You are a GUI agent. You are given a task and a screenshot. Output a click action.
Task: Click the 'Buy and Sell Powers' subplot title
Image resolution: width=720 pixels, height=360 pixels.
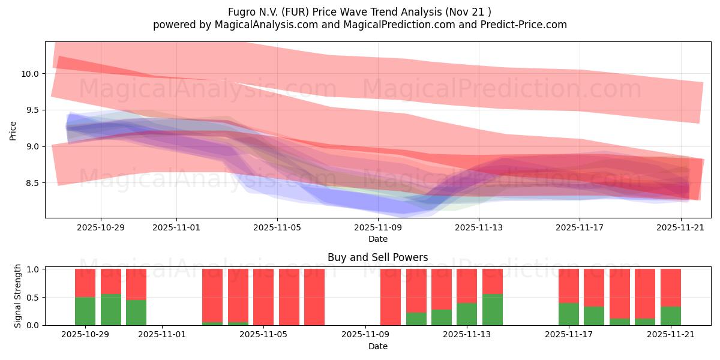tap(378, 257)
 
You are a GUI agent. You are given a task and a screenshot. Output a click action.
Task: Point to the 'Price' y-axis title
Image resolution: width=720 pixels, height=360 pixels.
tap(13, 130)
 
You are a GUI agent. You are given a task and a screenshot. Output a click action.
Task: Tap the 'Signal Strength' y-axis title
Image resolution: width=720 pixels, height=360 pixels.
tap(18, 296)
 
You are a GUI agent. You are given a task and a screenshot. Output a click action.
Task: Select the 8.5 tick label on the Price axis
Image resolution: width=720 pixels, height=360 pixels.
tap(32, 183)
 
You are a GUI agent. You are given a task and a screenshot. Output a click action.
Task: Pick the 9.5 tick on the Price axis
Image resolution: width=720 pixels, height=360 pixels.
tap(32, 110)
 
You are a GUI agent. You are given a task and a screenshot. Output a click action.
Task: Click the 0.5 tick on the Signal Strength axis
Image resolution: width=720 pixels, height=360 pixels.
tap(32, 298)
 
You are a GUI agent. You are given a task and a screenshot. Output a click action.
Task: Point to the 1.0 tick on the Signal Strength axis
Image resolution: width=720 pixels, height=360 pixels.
tap(32, 269)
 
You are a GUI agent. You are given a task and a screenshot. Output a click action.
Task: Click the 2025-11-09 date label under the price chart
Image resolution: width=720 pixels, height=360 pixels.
tap(378, 227)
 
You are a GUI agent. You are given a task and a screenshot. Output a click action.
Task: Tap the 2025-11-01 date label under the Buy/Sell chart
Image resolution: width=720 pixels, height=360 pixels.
tap(163, 335)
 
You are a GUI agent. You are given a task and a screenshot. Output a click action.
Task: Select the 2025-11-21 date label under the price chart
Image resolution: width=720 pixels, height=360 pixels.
tap(680, 227)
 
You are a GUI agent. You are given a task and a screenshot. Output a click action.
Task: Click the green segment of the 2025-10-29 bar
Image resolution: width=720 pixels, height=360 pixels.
tap(85, 311)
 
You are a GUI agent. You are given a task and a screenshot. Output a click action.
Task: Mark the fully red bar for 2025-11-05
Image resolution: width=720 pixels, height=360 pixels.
tap(263, 297)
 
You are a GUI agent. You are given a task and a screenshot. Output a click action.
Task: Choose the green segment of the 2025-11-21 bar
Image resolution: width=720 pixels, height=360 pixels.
tap(671, 316)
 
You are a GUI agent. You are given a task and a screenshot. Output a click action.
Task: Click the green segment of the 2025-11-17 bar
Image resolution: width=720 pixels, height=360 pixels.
tap(569, 314)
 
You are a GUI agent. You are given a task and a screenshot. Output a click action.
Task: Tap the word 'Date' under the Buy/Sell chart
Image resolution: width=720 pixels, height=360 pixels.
tap(378, 346)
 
